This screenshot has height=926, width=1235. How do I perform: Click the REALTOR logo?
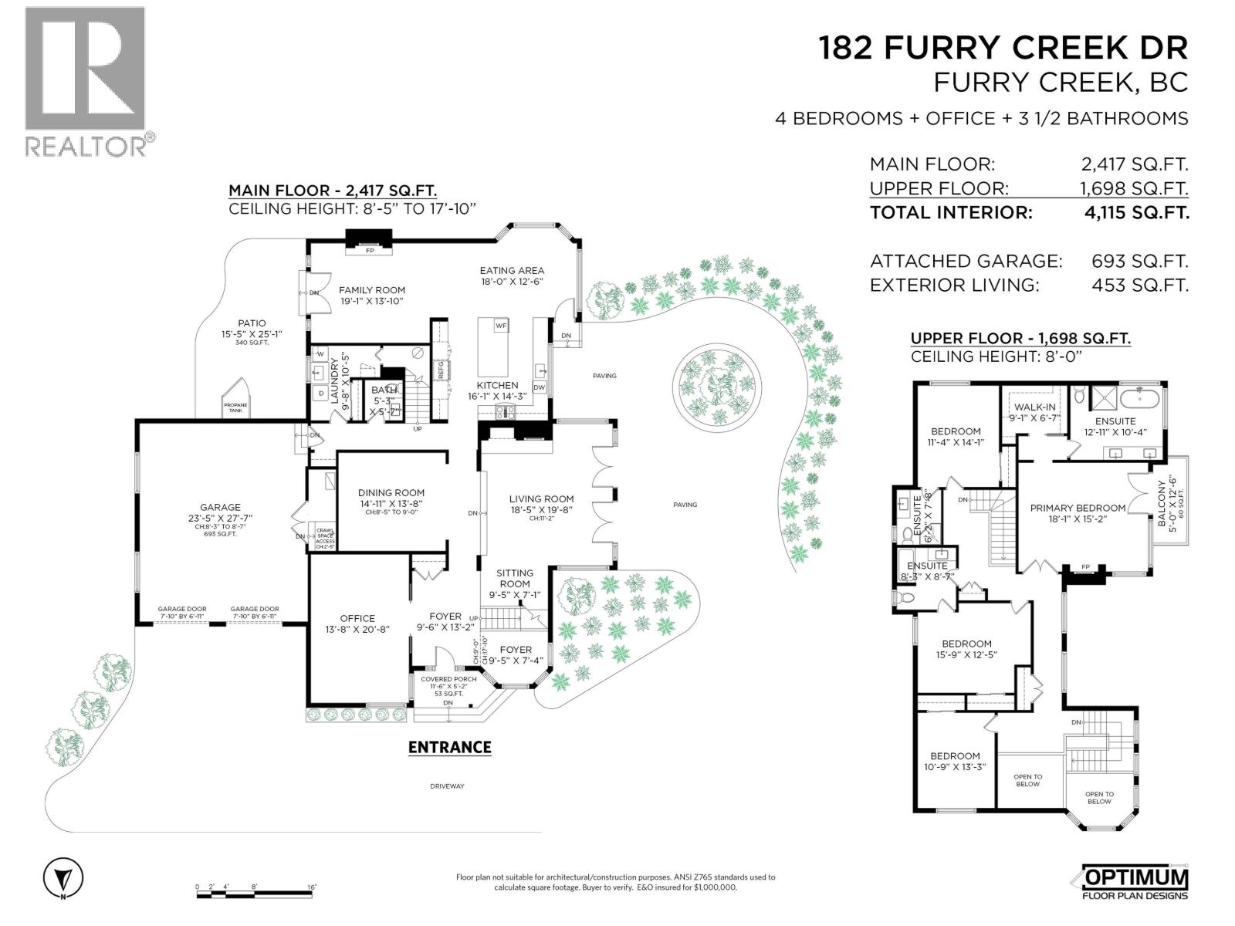(x=85, y=81)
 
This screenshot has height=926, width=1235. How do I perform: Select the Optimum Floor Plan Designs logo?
(x=1134, y=882)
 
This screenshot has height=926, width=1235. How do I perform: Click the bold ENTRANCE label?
(x=449, y=747)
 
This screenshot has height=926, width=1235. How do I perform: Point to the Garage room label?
(x=221, y=507)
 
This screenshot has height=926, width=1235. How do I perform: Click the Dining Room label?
(x=391, y=492)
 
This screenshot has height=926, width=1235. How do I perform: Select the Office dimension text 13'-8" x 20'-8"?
(x=357, y=629)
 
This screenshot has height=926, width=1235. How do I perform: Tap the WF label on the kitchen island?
(x=501, y=326)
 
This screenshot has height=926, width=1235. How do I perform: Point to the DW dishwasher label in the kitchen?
(x=539, y=387)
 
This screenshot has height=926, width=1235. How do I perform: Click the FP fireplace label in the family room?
(x=370, y=250)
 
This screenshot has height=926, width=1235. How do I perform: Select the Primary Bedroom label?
(x=1078, y=508)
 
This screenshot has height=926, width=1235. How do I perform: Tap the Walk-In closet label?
(x=1035, y=407)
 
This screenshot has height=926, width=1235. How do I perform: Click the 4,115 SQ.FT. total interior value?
(x=1136, y=213)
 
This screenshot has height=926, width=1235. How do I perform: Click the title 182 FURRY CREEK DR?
(x=1003, y=48)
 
